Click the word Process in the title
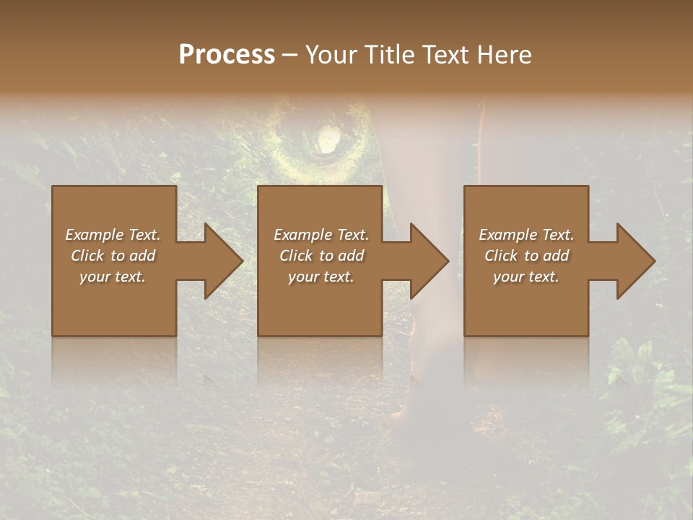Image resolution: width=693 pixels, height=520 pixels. click(x=227, y=55)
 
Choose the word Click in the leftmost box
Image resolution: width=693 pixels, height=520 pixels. click(x=87, y=256)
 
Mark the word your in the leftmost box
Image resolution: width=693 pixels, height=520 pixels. click(x=95, y=277)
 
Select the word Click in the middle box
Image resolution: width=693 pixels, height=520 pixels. click(x=296, y=256)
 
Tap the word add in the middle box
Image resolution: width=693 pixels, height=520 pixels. click(x=351, y=256)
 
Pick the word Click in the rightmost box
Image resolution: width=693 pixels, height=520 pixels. click(x=501, y=256)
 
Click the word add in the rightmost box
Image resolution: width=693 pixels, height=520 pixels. click(x=556, y=256)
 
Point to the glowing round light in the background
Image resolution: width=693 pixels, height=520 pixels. click(x=328, y=139)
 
